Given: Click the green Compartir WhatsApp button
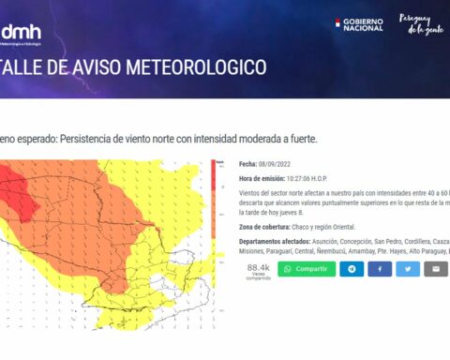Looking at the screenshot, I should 306,269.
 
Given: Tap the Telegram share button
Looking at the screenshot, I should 352,269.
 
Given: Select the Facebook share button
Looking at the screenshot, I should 380,269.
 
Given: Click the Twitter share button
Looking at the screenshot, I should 408,269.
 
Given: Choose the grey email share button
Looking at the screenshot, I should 436,269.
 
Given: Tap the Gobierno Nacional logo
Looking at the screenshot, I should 359,24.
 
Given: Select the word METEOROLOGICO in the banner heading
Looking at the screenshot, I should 208,67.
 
